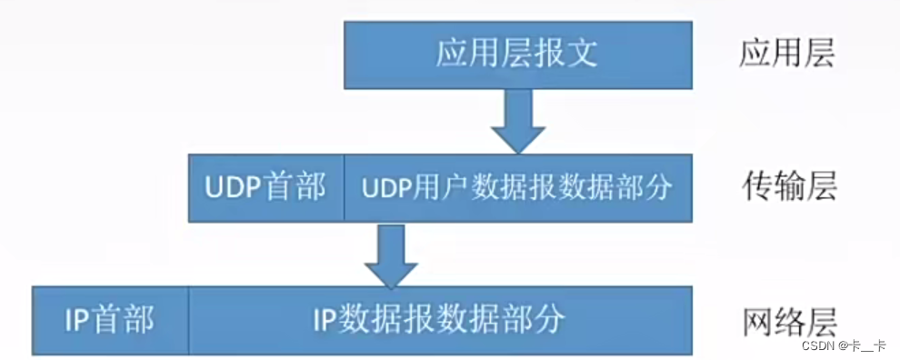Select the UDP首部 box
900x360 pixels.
pyautogui.click(x=265, y=187)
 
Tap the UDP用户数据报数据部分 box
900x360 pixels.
pyautogui.click(x=517, y=187)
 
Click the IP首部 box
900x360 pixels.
pyautogui.click(x=109, y=319)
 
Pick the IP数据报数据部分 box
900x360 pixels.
pyautogui.click(x=439, y=319)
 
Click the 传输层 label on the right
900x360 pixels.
pyautogui.click(x=787, y=187)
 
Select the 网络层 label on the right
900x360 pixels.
pyautogui.click(x=787, y=320)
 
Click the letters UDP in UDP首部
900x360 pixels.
pyautogui.click(x=235, y=187)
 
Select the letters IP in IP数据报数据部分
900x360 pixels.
pyautogui.click(x=325, y=319)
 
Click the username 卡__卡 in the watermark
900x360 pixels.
pyautogui.click(x=867, y=346)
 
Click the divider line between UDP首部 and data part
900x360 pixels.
pyautogui.click(x=344, y=187)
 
